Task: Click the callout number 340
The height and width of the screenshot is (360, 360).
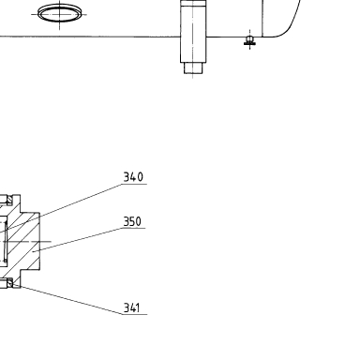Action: point(133,177)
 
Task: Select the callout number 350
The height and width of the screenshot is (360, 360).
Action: point(132,221)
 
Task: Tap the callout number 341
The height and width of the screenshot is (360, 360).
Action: point(131,307)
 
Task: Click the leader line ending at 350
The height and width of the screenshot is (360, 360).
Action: point(78,239)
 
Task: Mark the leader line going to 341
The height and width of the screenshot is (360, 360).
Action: point(67,299)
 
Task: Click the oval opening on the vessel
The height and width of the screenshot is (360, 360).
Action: point(59,14)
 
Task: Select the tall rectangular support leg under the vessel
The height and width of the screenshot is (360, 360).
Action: point(193,31)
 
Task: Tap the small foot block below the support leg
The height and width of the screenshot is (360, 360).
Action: point(193,68)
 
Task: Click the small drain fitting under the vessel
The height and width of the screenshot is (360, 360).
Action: point(249,41)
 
